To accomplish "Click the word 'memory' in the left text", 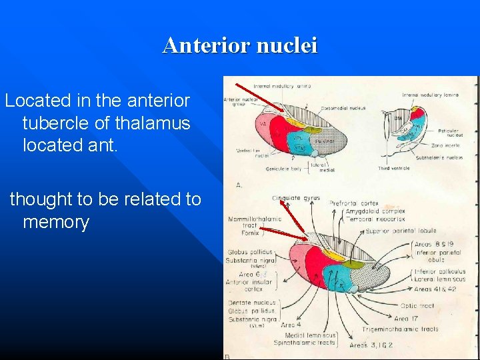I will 56,222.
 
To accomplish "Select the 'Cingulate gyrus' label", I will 296,198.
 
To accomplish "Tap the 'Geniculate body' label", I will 283,169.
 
